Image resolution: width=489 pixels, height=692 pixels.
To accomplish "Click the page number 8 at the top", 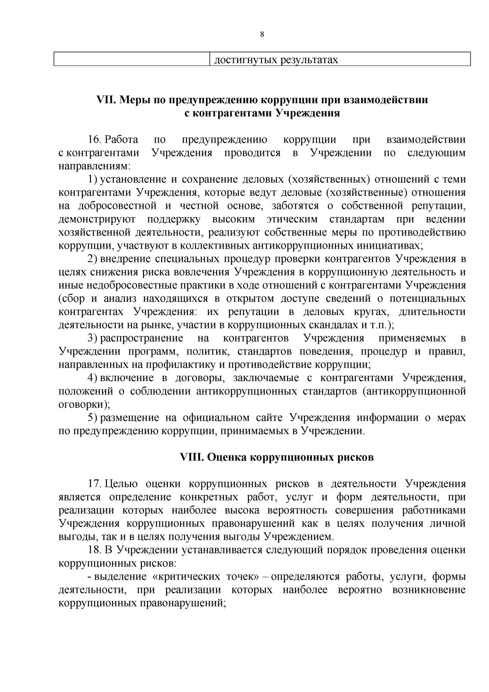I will (x=262, y=35).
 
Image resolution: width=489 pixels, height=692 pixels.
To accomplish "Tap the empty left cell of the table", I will (x=131, y=60).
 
